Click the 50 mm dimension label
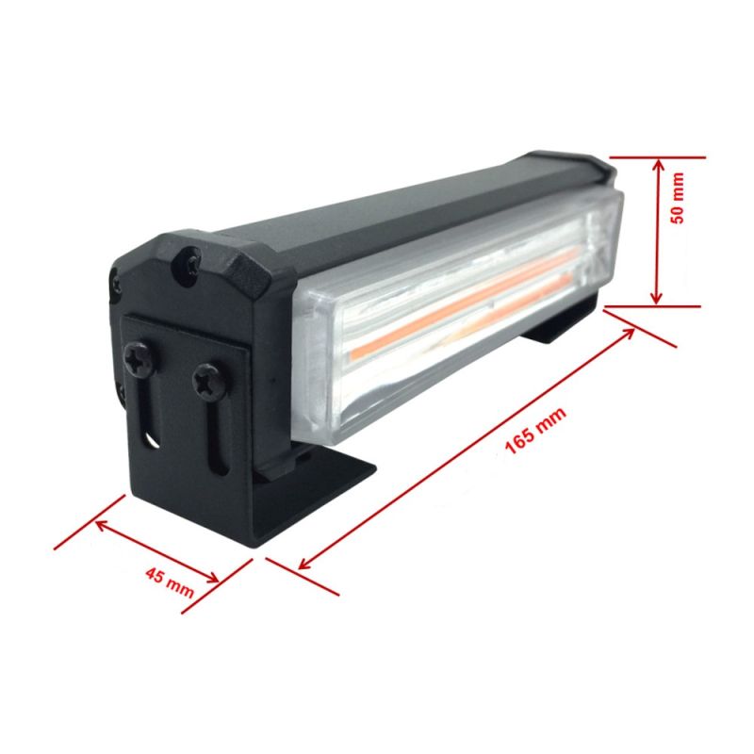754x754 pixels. coord(677,198)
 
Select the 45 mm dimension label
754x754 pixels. coord(170,582)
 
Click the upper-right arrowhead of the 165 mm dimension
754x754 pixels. coord(627,334)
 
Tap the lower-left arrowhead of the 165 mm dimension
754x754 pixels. coord(305,563)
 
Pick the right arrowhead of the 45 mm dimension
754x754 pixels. coord(212,577)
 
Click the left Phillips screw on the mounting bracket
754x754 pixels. coord(139,359)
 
